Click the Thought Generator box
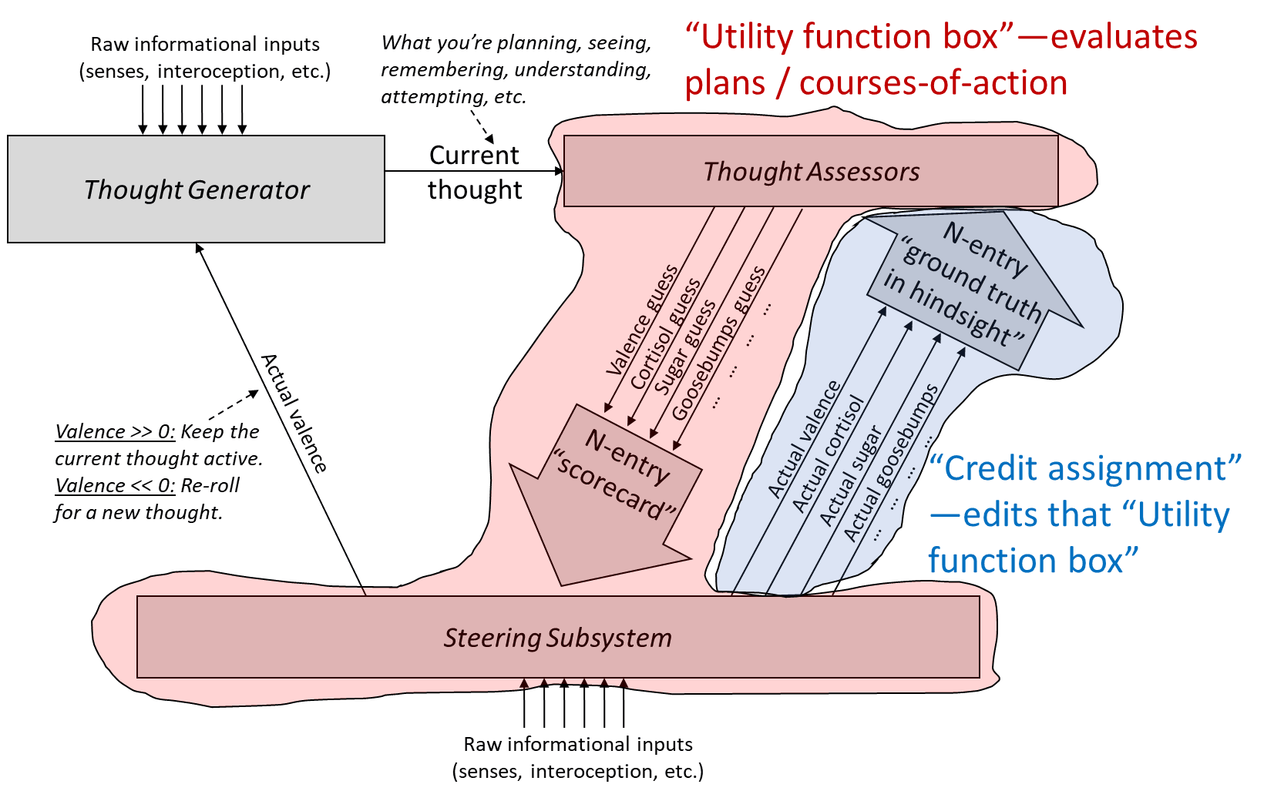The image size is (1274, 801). [x=196, y=189]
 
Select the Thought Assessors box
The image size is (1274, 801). [x=811, y=172]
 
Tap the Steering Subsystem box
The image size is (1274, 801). [x=558, y=638]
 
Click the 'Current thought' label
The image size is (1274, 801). [x=475, y=173]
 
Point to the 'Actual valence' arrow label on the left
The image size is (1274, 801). [x=294, y=413]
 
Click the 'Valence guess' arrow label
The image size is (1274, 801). [x=642, y=320]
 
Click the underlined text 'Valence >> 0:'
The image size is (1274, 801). [x=116, y=431]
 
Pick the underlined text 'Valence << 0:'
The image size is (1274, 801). [x=116, y=485]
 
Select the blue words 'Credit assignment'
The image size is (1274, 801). [x=1085, y=468]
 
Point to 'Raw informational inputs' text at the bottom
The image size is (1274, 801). [x=578, y=744]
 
